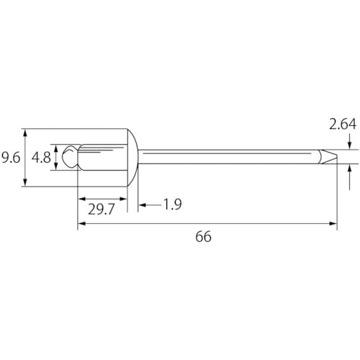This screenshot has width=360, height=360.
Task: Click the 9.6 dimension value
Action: coord(12,158)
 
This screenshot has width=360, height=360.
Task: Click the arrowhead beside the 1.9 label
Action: coord(143,206)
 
